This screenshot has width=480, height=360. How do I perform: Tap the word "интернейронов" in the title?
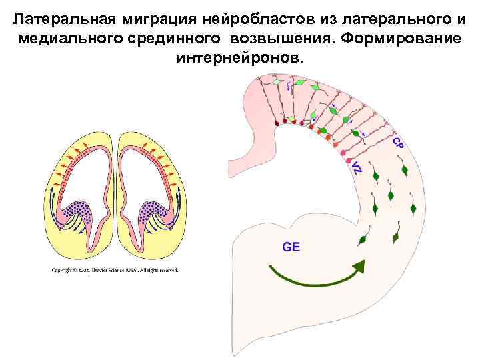(x=239, y=58)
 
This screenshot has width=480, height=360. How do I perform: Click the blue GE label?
(x=291, y=247)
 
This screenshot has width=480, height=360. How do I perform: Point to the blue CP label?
(x=396, y=143)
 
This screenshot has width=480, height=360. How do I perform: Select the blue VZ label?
(x=357, y=167)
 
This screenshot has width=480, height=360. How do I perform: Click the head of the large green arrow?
(x=360, y=267)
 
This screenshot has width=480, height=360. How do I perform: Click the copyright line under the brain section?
(x=115, y=270)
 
